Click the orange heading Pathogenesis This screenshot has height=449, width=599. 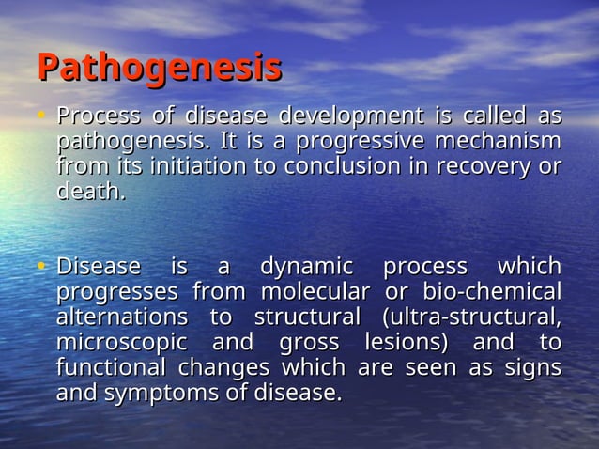tap(160, 69)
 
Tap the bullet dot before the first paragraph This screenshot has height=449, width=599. tap(42, 118)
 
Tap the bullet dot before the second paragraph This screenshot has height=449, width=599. tap(42, 267)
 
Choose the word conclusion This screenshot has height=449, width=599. tap(329, 167)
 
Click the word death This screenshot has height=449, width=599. tap(89, 193)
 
